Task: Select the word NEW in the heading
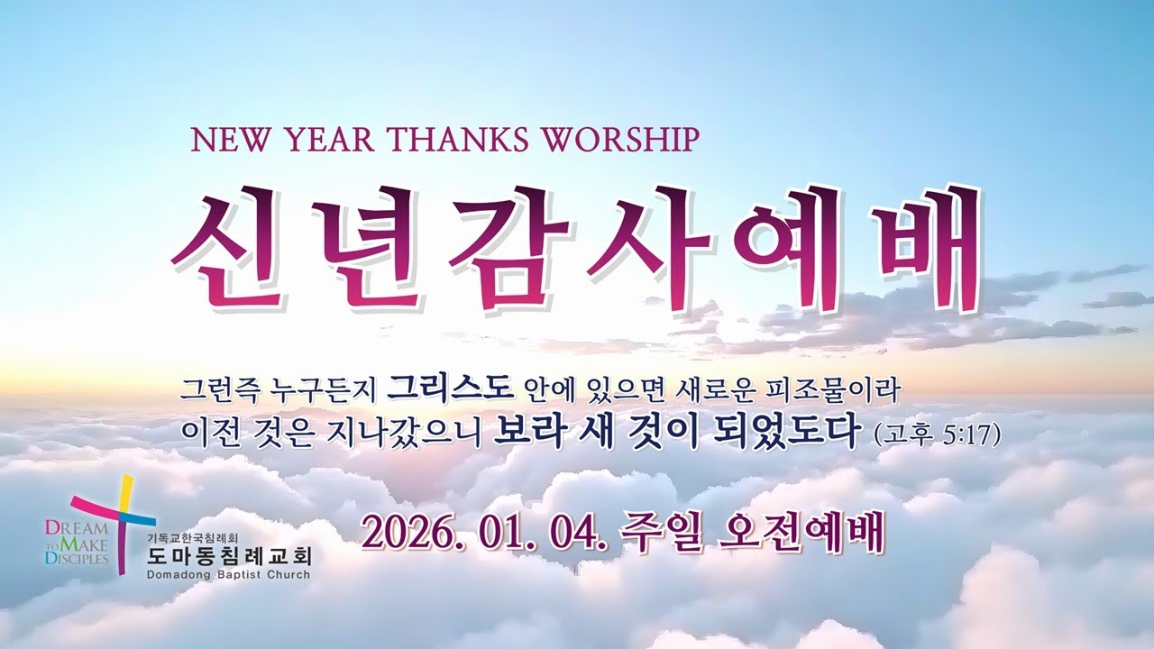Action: pyautogui.click(x=223, y=140)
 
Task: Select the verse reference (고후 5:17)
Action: pyautogui.click(x=938, y=435)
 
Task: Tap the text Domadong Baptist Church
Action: pyautogui.click(x=228, y=575)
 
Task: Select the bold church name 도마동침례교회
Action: pyautogui.click(x=228, y=556)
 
